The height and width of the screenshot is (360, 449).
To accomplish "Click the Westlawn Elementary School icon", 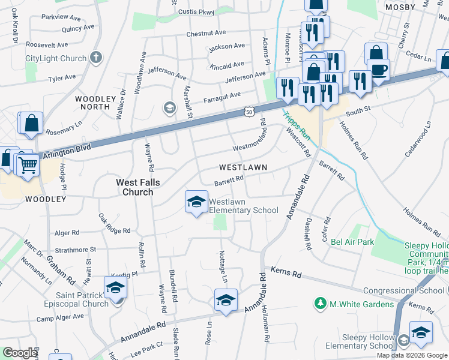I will click(x=196, y=203).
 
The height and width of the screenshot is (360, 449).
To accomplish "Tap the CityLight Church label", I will click(x=56, y=58).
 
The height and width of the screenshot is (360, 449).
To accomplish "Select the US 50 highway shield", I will click(x=249, y=111).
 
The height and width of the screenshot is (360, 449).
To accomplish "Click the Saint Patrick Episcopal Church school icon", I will click(x=115, y=288).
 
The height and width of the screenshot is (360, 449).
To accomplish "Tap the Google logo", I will click(x=20, y=353).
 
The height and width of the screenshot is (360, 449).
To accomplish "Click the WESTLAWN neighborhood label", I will click(x=243, y=167).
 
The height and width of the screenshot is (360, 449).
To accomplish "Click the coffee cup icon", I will click(x=378, y=70).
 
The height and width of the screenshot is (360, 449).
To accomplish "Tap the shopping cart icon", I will click(x=28, y=166).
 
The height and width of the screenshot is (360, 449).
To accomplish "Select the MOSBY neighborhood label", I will click(x=414, y=7).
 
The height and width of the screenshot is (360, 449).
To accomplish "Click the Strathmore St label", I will click(x=74, y=249).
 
